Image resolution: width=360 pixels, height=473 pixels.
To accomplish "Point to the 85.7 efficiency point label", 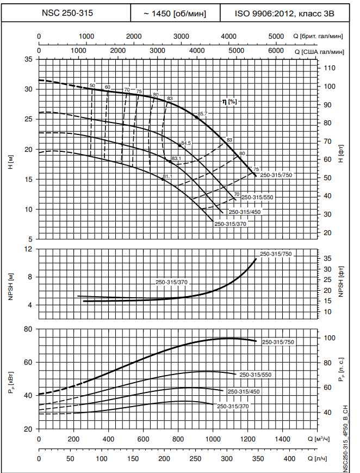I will point(203,114).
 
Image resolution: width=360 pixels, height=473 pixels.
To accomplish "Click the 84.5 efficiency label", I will point(187,143).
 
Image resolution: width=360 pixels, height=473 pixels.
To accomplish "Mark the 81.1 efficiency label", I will point(167,176).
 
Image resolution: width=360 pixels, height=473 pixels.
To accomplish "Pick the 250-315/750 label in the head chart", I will point(276,175).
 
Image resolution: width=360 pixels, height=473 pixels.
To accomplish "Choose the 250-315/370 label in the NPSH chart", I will point(172,282).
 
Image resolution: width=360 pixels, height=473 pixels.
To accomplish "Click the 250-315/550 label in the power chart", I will point(256,375).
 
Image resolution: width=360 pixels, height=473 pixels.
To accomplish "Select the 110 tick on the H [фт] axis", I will point(330,68).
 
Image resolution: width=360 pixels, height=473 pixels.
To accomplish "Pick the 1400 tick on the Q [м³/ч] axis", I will point(282,439).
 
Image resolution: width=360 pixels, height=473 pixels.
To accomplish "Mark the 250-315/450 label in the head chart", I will point(244,212).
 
